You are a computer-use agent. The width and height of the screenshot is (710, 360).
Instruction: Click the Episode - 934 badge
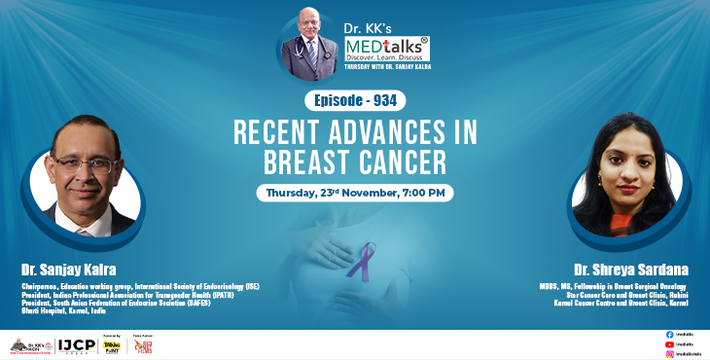tap(355, 100)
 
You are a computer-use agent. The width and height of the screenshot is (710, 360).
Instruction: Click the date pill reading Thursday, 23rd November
tap(355, 192)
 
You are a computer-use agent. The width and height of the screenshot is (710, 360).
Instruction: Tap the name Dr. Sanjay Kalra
tap(68, 268)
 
